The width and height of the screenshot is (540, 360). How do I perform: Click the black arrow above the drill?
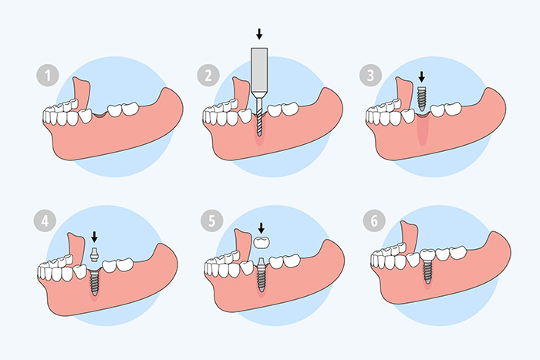[258, 34]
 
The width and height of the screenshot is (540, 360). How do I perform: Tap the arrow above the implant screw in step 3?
[421, 77]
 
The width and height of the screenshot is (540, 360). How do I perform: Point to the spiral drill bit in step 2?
[259, 116]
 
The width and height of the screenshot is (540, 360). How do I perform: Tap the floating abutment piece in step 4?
[95, 255]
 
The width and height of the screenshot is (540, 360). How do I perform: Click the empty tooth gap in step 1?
[96, 115]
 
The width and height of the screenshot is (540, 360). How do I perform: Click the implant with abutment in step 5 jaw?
[262, 274]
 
